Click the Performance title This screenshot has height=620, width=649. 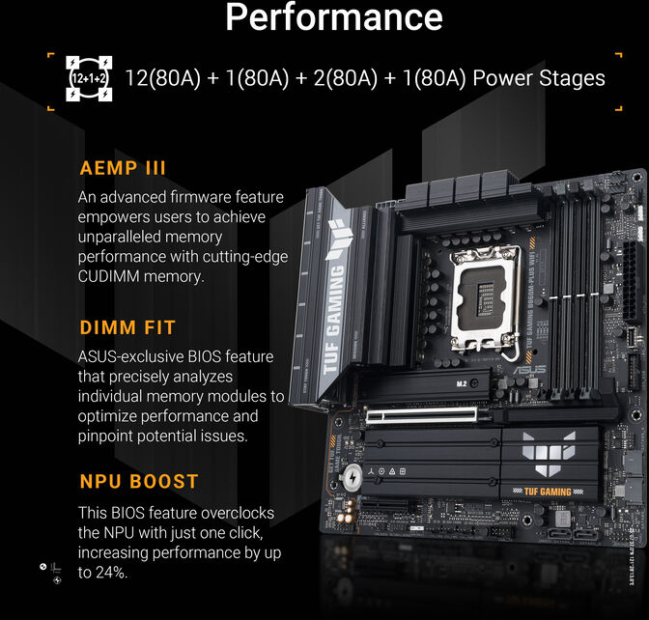(x=333, y=17)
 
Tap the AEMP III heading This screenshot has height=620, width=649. (x=123, y=168)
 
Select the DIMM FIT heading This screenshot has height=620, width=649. (x=127, y=328)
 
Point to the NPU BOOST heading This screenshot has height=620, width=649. (x=138, y=481)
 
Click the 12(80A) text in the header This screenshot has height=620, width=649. (x=161, y=78)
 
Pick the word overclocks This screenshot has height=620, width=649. (x=232, y=512)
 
